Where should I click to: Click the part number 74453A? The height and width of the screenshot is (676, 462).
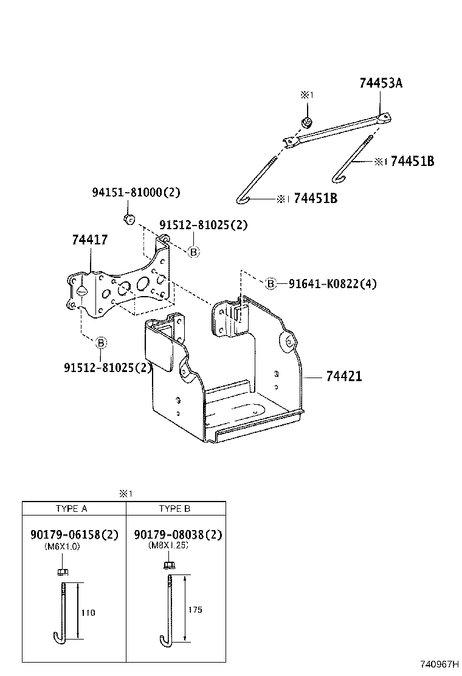(381, 84)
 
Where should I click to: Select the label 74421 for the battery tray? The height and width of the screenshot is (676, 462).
(343, 376)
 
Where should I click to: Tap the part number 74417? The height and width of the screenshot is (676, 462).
(90, 240)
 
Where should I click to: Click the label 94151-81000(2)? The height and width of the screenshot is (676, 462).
(136, 193)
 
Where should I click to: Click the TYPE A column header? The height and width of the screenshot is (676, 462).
(72, 509)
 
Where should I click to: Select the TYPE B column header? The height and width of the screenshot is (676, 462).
(174, 509)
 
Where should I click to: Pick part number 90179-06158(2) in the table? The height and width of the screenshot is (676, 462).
(74, 534)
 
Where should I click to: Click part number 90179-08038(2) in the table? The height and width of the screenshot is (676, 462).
(178, 534)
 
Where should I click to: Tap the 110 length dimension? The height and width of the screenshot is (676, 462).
(88, 612)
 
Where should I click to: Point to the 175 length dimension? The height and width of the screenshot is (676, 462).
(195, 609)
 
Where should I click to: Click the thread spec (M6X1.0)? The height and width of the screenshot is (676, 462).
(63, 546)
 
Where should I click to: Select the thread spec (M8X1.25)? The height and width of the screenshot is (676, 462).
(168, 546)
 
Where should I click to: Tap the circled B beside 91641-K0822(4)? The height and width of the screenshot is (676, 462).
(271, 283)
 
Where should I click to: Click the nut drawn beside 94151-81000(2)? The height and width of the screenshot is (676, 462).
(128, 218)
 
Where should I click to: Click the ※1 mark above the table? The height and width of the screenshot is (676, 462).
(126, 494)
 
